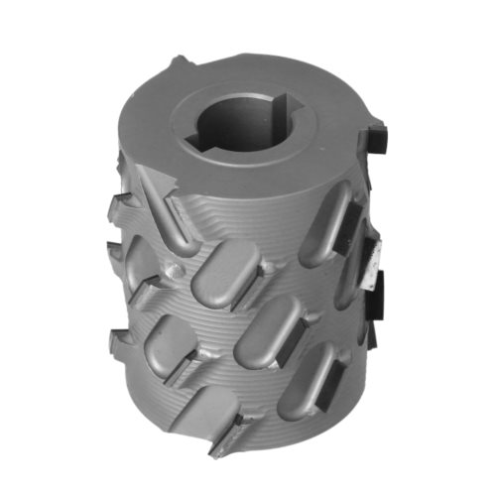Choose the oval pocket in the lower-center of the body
266,332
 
